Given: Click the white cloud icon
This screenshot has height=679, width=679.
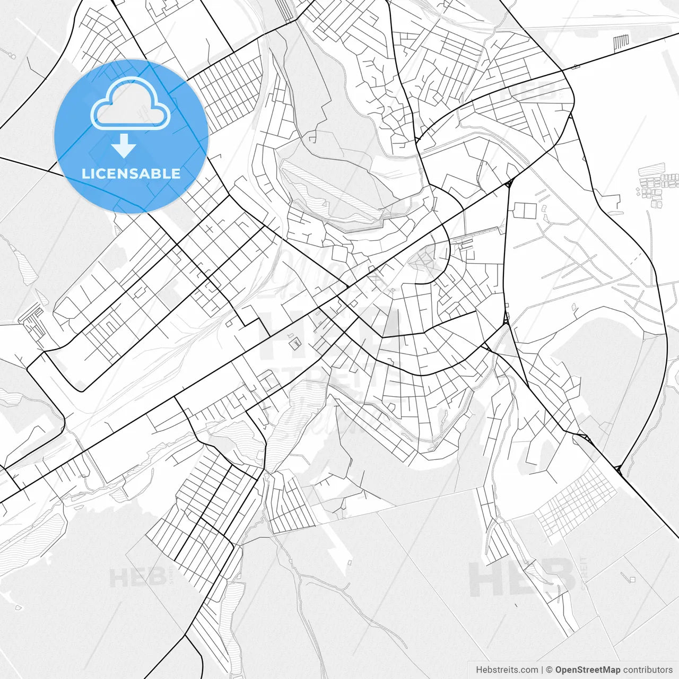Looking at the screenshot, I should pos(130,103).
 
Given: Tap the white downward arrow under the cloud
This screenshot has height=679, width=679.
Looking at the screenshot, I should pos(124,146).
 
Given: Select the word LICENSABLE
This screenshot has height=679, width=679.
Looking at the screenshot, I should pos(130,173).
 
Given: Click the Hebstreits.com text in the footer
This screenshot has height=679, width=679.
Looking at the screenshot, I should pos(507,670).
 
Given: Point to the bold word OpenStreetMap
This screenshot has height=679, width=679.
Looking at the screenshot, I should pos(588,670).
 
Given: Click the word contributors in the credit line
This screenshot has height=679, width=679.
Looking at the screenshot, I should pos(648,670).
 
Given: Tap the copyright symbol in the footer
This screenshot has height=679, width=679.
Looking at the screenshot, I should pos(550,670).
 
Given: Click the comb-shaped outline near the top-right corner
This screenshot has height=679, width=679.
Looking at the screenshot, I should pos(621,41).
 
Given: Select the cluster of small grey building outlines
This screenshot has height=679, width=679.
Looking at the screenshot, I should pos(658,186).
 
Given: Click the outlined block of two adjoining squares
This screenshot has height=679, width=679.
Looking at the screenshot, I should pos(523,211).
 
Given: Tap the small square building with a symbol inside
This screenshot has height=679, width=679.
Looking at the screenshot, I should pos(294,344).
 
